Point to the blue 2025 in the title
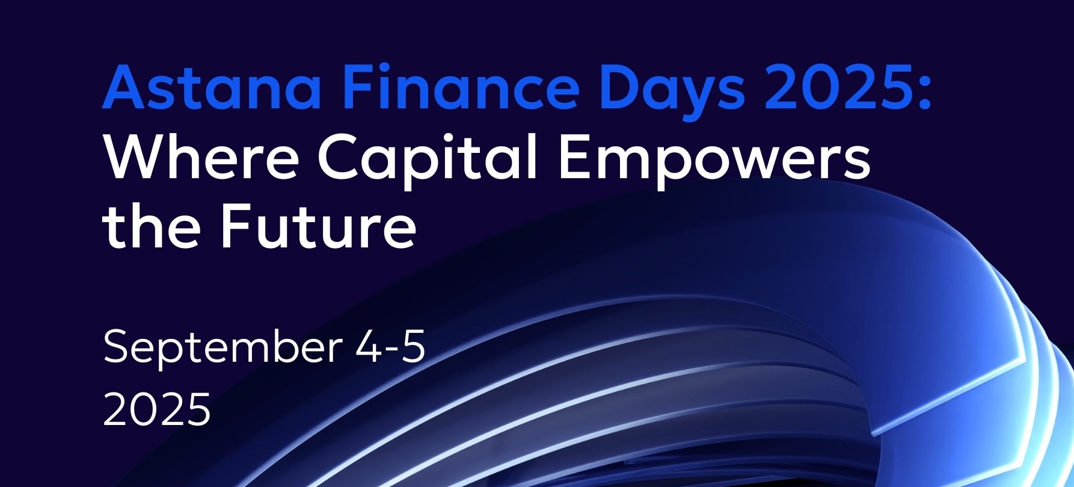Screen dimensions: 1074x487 (836, 88)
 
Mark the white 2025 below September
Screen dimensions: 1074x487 (157, 409)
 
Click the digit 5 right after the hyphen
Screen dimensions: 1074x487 (413, 347)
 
